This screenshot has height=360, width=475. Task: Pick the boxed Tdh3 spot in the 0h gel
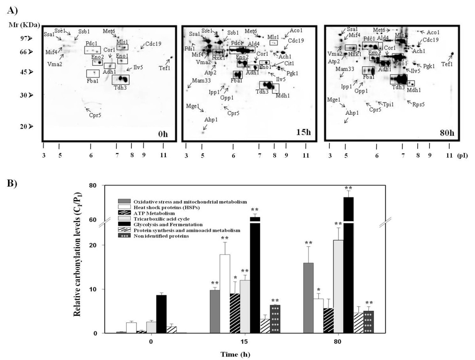click(x=120, y=80)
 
